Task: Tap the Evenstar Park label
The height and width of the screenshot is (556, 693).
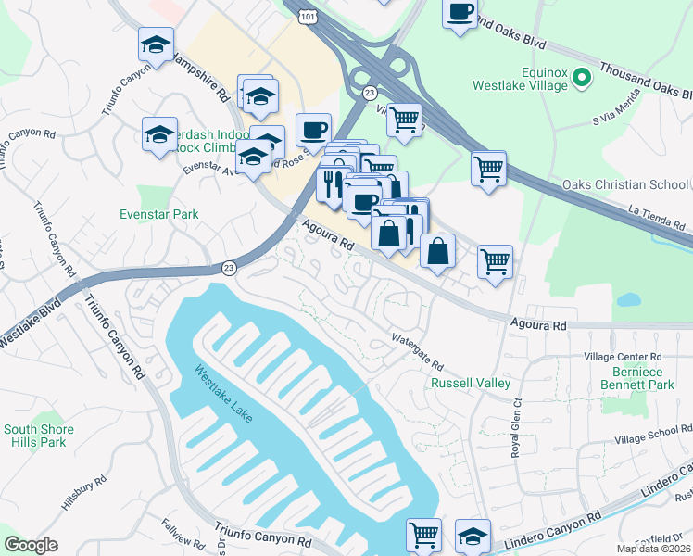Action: click(x=159, y=214)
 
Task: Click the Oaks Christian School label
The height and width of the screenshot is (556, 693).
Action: click(x=625, y=184)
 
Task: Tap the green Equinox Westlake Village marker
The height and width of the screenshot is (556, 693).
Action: click(x=581, y=79)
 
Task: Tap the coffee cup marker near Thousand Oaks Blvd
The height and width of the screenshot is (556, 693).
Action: click(x=459, y=14)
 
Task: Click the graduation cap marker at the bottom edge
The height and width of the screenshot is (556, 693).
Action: click(x=472, y=536)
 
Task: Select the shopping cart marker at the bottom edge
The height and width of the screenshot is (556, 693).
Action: click(x=423, y=535)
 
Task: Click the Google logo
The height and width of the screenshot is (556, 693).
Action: click(x=31, y=545)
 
